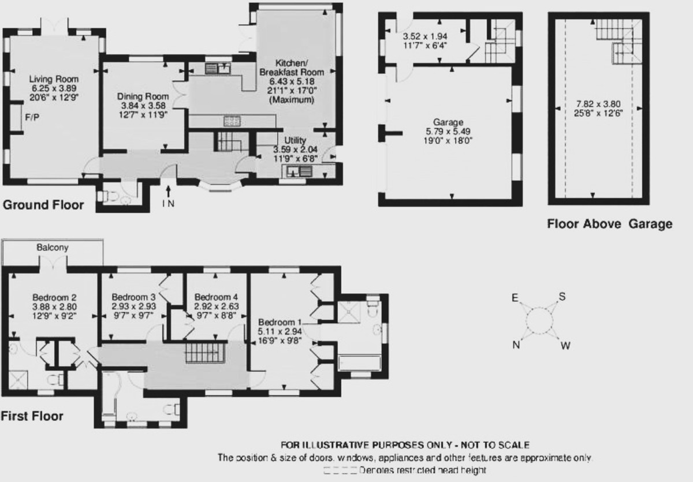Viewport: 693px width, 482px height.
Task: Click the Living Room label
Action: (x=54, y=79)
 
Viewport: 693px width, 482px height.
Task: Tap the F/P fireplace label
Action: (x=32, y=117)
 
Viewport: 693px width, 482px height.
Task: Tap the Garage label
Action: (x=448, y=122)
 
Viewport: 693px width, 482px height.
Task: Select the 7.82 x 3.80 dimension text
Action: (x=596, y=104)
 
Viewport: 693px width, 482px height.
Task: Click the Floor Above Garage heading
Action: (x=609, y=224)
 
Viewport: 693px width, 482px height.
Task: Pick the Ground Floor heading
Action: (x=43, y=205)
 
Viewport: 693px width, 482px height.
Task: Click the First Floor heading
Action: (x=32, y=416)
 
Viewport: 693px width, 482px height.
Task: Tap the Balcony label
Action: (x=53, y=248)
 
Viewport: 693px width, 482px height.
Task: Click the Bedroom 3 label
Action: (x=134, y=297)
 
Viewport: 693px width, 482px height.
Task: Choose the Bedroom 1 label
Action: (x=280, y=322)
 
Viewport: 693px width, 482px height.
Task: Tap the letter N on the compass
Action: (x=515, y=345)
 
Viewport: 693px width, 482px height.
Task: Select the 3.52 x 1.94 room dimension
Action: (x=425, y=35)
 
